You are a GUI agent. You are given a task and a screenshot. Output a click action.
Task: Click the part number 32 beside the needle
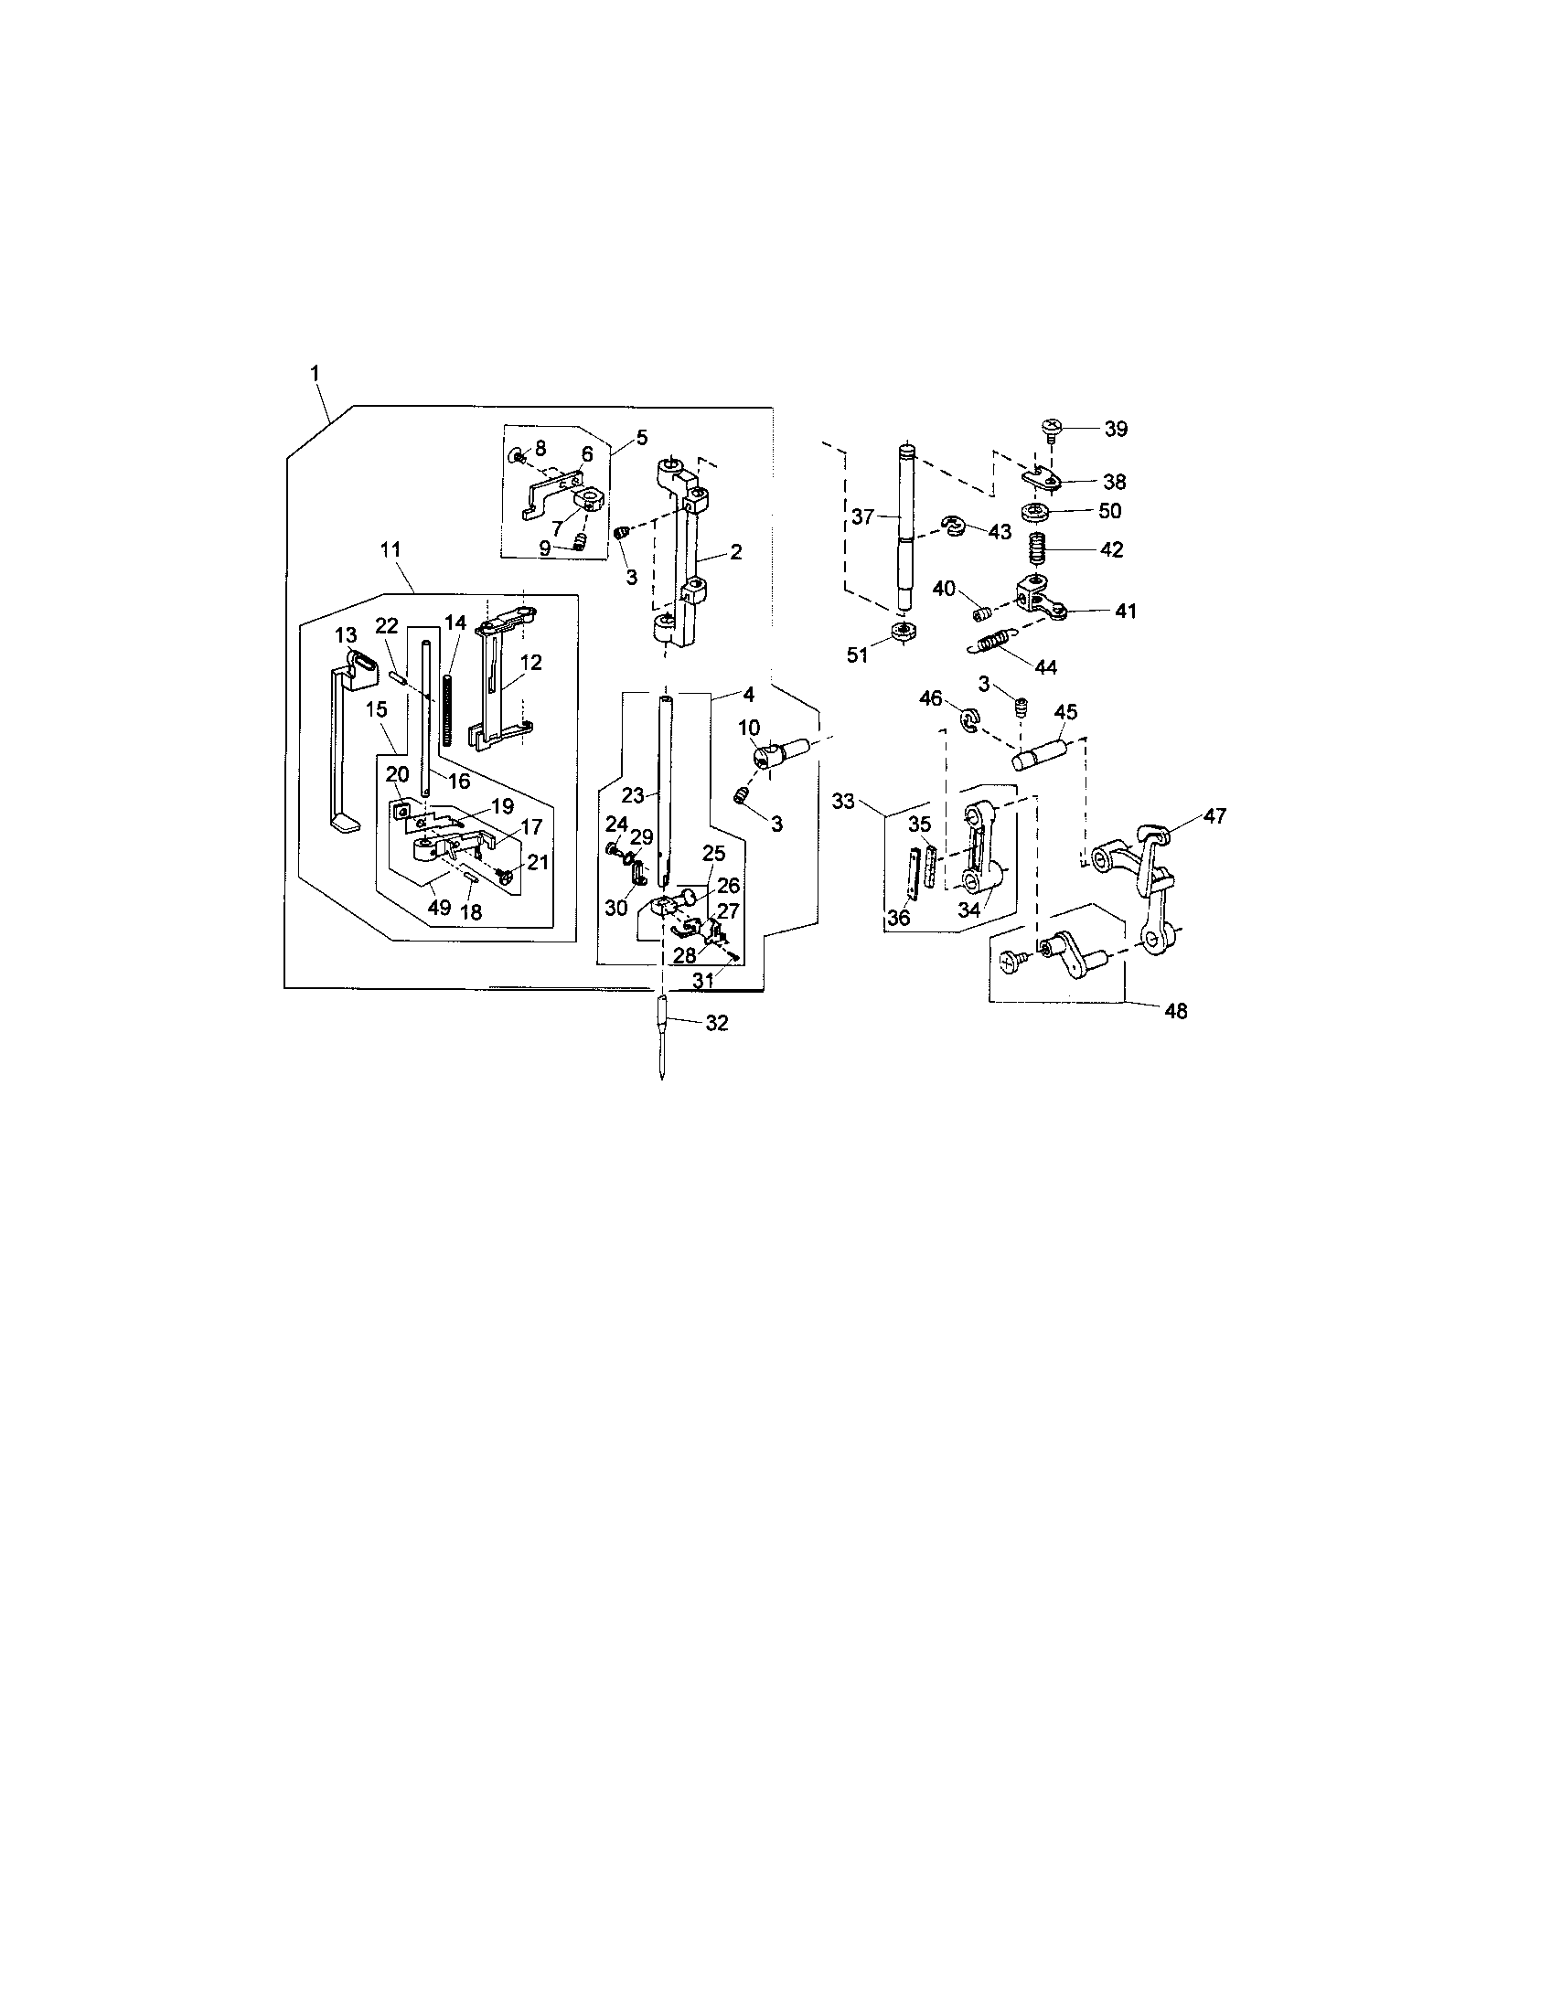[716, 1023]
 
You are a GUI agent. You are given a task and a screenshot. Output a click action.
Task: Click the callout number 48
[1175, 1011]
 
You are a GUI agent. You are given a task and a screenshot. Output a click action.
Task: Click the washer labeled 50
[1038, 511]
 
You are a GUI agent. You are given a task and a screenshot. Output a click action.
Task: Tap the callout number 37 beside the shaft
[861, 517]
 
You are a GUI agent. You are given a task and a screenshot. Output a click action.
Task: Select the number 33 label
[844, 800]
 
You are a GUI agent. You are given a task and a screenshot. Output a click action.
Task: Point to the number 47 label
[1214, 815]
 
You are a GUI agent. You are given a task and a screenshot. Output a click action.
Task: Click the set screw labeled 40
[983, 612]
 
